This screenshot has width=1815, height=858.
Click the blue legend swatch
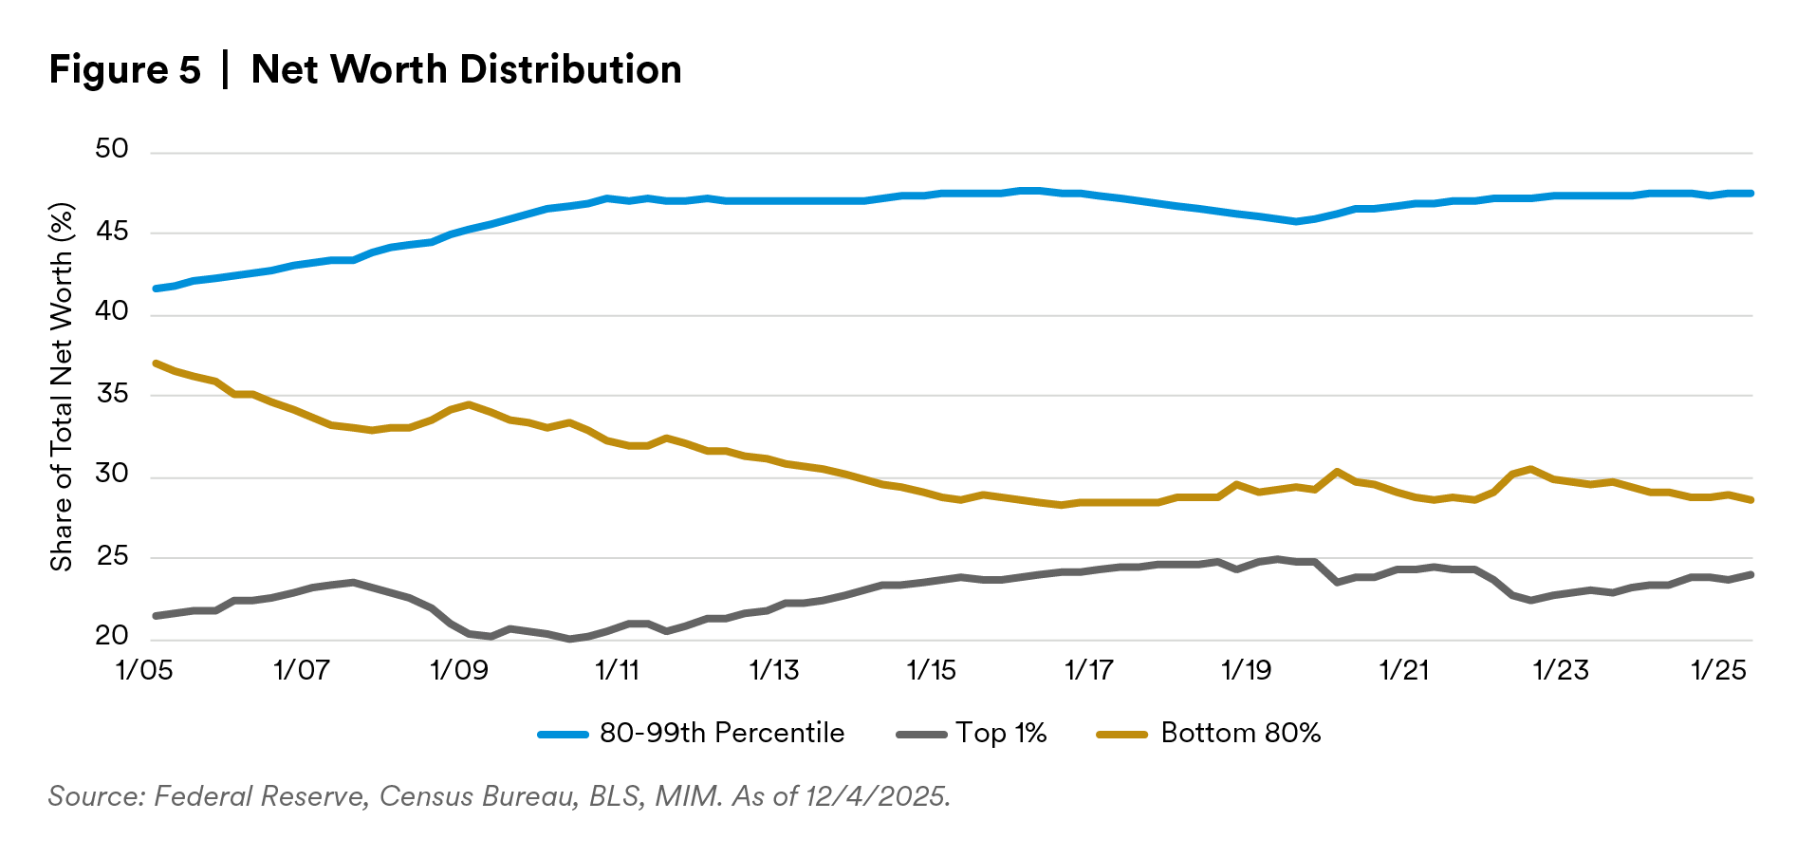[x=563, y=735]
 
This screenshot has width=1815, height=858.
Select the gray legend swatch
[x=921, y=735]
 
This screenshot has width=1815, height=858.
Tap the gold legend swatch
[x=1121, y=735]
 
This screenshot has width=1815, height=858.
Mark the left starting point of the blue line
[x=155, y=289]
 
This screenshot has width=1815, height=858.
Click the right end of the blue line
[x=1751, y=193]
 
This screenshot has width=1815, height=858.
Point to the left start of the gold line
[x=155, y=363]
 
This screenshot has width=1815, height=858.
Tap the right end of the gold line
[x=1751, y=500]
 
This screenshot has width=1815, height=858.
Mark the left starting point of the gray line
[x=155, y=616]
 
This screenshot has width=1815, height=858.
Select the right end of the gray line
[x=1751, y=574]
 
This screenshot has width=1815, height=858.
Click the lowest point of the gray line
[x=570, y=640]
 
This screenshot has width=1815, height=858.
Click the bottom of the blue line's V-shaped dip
[x=1296, y=222]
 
